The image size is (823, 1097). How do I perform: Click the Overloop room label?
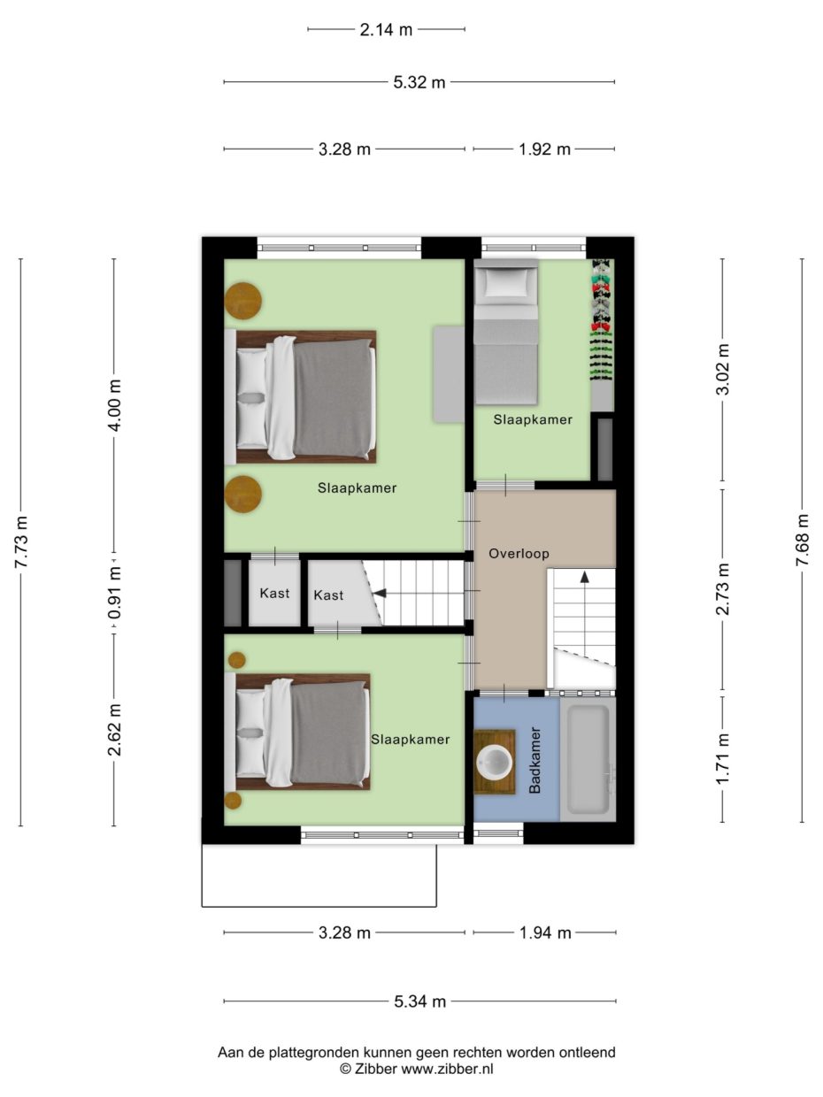pos(519,554)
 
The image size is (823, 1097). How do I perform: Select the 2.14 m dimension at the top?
pos(386,29)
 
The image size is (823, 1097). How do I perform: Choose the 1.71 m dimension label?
pos(723,759)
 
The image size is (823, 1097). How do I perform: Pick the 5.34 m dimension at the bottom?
pos(419,1001)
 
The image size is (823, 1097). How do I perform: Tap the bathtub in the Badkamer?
pos(587,759)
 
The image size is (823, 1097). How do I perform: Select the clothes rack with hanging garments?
pos(602,320)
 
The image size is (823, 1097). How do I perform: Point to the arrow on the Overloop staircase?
pos(584,577)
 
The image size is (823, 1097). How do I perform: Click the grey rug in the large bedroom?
pos(449,373)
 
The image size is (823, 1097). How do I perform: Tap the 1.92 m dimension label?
pos(544,149)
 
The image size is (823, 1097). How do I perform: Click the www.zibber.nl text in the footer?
pos(448,1069)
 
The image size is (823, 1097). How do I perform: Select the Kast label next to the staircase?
pos(328,595)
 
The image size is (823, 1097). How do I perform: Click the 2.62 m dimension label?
pos(114,730)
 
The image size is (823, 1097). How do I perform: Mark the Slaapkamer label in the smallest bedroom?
pos(533,419)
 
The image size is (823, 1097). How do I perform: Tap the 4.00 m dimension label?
pos(114,405)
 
